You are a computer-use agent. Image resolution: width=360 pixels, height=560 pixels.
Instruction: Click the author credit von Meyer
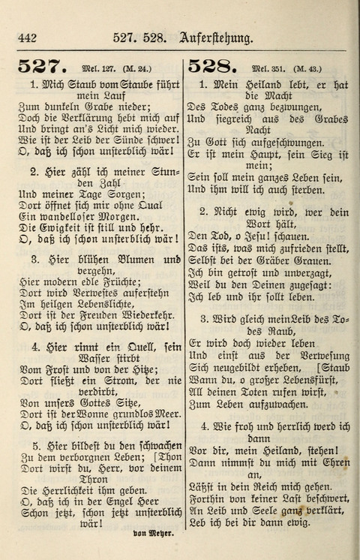click(153, 535)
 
